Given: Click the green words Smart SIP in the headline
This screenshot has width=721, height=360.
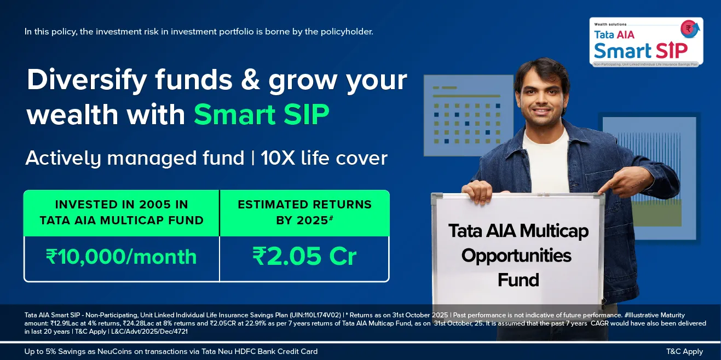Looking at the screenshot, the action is point(261,114).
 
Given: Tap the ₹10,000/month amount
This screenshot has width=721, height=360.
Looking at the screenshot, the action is point(122,257).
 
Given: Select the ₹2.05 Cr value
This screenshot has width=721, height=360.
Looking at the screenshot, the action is point(304,257).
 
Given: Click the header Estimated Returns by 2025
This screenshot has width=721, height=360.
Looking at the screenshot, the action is point(304,212).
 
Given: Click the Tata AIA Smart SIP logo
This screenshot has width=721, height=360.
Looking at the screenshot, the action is point(646,42).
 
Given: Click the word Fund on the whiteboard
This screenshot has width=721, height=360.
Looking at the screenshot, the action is point(518,280).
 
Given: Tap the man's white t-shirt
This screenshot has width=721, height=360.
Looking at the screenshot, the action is point(546,161).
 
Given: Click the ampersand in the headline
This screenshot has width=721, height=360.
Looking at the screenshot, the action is point(250,80).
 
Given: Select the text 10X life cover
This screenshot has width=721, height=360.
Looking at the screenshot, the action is point(324,158).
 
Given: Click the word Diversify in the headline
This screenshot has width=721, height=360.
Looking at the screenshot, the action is point(87,80).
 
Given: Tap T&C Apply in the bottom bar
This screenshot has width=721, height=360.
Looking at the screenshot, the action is point(684,352).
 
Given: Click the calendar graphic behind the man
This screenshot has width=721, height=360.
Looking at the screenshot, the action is point(468,116).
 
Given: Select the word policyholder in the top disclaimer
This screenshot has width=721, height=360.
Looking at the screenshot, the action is point(347,32).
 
